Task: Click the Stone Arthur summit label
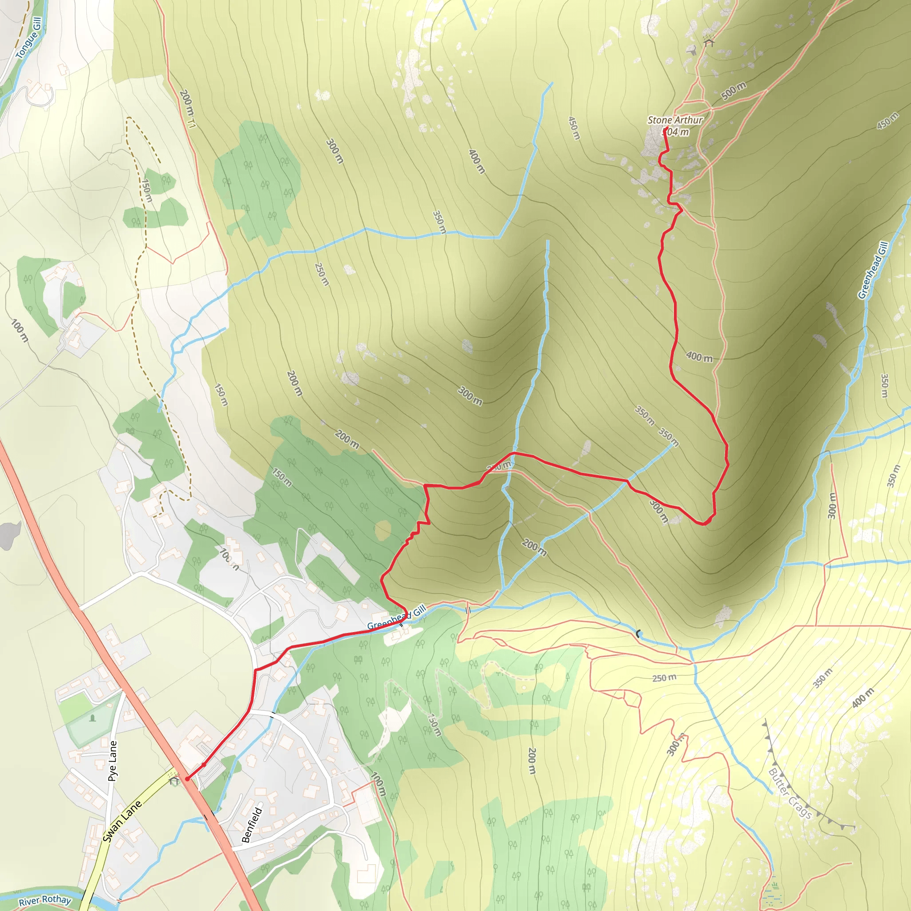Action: [x=675, y=120]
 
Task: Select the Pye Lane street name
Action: [x=112, y=761]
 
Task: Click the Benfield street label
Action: [x=252, y=825]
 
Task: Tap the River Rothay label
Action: [x=45, y=900]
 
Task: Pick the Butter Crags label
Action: [x=790, y=794]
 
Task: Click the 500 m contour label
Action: [x=734, y=91]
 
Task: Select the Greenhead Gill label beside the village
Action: [x=396, y=618]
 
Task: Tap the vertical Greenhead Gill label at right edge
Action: [x=873, y=270]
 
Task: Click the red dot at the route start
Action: [x=187, y=779]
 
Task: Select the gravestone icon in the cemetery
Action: [x=92, y=718]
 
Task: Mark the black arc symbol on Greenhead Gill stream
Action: [x=638, y=634]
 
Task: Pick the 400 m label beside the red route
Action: [x=699, y=357]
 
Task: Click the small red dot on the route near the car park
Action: [x=204, y=764]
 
